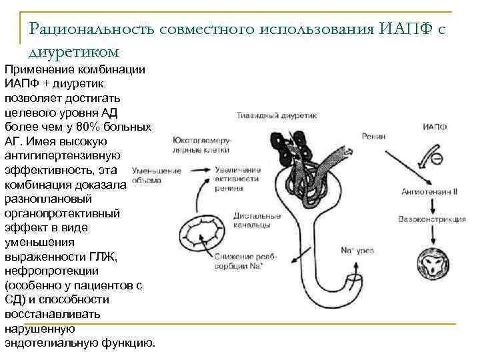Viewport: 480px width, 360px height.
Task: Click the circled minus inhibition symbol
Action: tap(437, 159)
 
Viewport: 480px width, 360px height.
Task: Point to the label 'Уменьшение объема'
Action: tap(156, 175)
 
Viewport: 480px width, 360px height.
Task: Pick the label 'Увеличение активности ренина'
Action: tap(237, 179)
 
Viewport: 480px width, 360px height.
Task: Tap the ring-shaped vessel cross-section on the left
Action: tap(199, 238)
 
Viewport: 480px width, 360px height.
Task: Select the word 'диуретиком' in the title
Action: tap(74, 51)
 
